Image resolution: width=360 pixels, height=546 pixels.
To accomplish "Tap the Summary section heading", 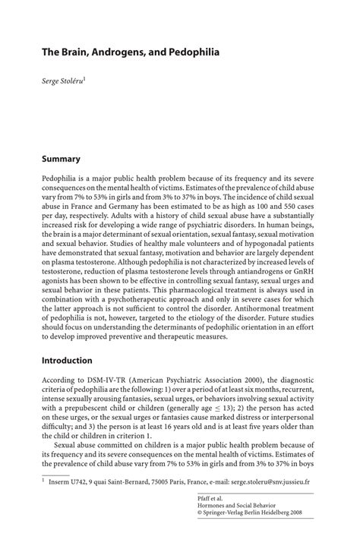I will pos(62,159).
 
